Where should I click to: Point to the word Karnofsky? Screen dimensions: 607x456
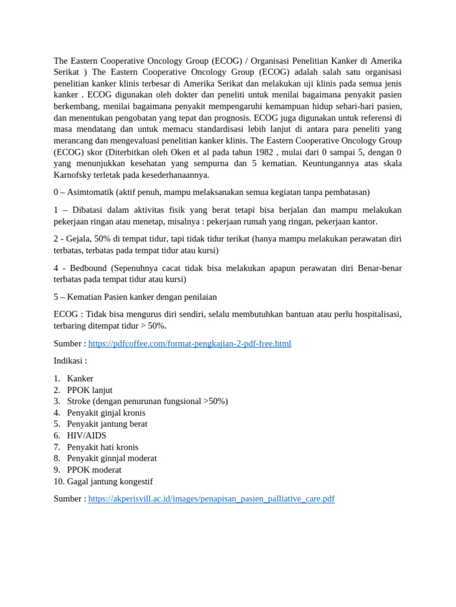[75, 175]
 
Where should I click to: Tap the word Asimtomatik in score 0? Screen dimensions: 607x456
[91, 192]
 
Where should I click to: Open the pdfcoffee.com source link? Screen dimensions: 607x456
[189, 344]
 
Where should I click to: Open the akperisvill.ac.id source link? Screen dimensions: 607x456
[211, 499]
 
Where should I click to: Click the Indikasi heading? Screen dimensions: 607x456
[70, 361]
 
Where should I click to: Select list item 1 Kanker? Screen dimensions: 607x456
[80, 378]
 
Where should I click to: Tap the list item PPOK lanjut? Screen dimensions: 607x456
[90, 390]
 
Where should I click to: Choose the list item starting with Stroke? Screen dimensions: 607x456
[147, 401]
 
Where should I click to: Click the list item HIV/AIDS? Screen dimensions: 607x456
[87, 436]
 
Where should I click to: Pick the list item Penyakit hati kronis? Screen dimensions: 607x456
[103, 447]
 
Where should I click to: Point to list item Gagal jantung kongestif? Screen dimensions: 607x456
[110, 481]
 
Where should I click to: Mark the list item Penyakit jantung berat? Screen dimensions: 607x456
[107, 424]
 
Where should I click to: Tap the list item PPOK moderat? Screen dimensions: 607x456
[94, 470]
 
